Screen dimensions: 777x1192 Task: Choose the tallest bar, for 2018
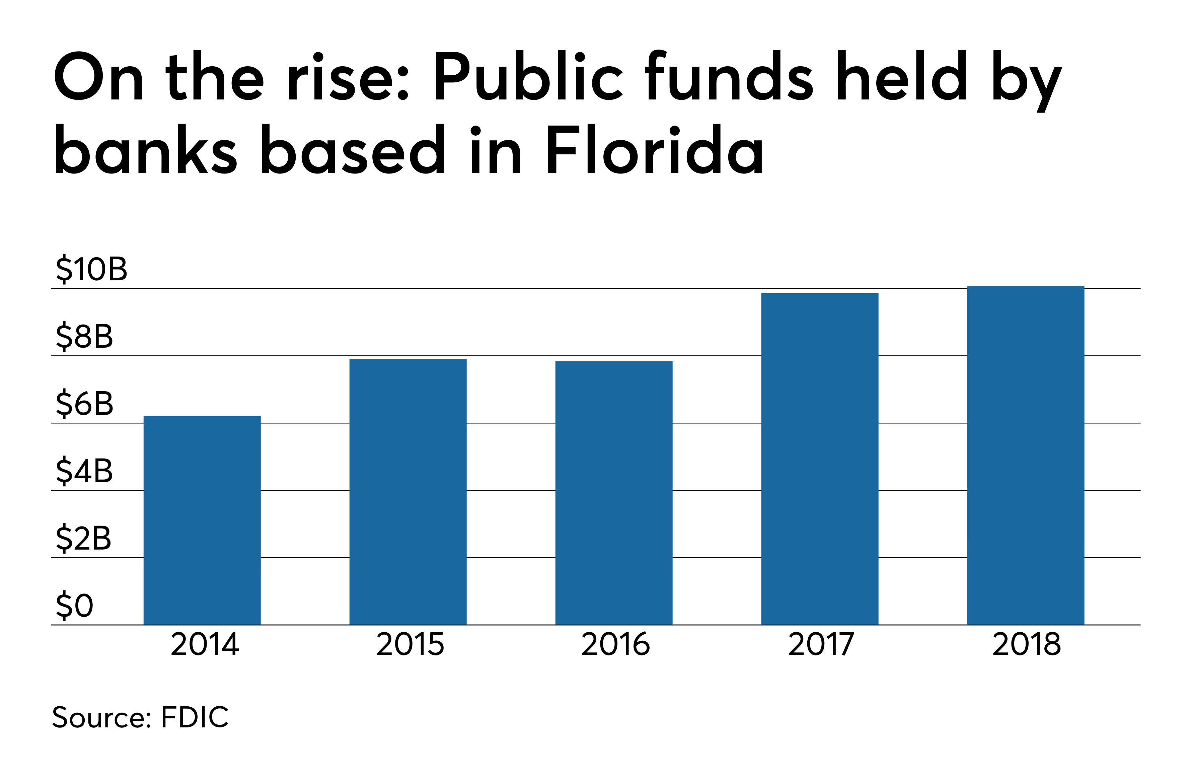click(x=1025, y=455)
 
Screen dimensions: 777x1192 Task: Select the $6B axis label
click(x=84, y=404)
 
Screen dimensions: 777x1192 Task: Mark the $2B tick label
click(x=83, y=539)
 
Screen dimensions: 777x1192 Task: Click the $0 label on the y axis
click(x=74, y=606)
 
